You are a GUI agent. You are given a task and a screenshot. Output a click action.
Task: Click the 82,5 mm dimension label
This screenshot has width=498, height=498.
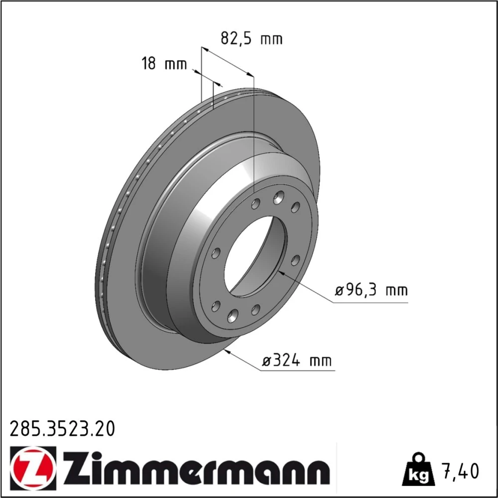[x=251, y=39]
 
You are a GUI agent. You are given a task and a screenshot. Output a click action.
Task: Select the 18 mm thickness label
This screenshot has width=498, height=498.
[x=164, y=64]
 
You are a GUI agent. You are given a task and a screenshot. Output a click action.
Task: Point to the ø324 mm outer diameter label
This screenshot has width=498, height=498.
[x=297, y=361]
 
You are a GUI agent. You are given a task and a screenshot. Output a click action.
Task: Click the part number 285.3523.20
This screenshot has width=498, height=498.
[x=62, y=429]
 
